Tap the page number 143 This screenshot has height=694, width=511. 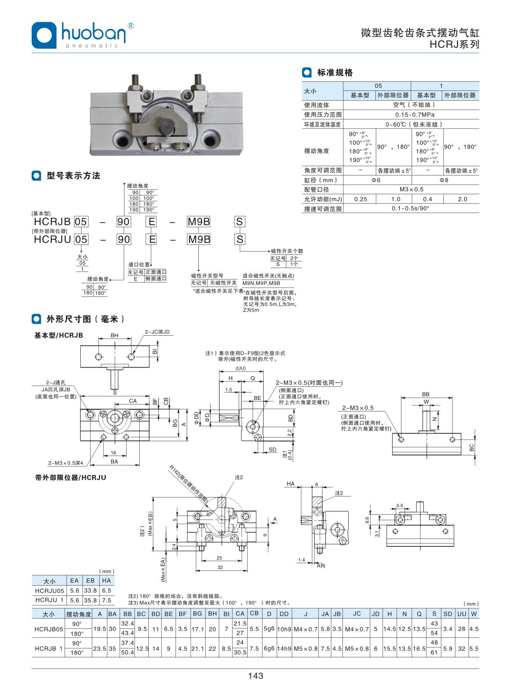255,676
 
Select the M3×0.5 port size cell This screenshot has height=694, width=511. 411,189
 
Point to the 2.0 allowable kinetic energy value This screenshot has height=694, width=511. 462,199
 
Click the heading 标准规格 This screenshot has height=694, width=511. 335,73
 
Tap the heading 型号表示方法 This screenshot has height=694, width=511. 73,176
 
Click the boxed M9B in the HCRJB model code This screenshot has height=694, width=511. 199,222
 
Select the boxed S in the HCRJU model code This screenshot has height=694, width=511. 240,239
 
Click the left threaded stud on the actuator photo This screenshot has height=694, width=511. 135,82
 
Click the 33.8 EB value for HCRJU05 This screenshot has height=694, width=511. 90,590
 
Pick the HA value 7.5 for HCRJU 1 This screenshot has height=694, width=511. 106,600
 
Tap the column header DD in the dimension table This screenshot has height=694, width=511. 284,614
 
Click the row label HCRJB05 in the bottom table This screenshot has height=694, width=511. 49,629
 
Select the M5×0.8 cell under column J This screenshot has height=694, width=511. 305,648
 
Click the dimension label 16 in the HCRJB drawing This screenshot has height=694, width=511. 113,452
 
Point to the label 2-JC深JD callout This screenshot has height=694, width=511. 157,332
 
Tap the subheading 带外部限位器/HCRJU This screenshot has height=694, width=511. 70,478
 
